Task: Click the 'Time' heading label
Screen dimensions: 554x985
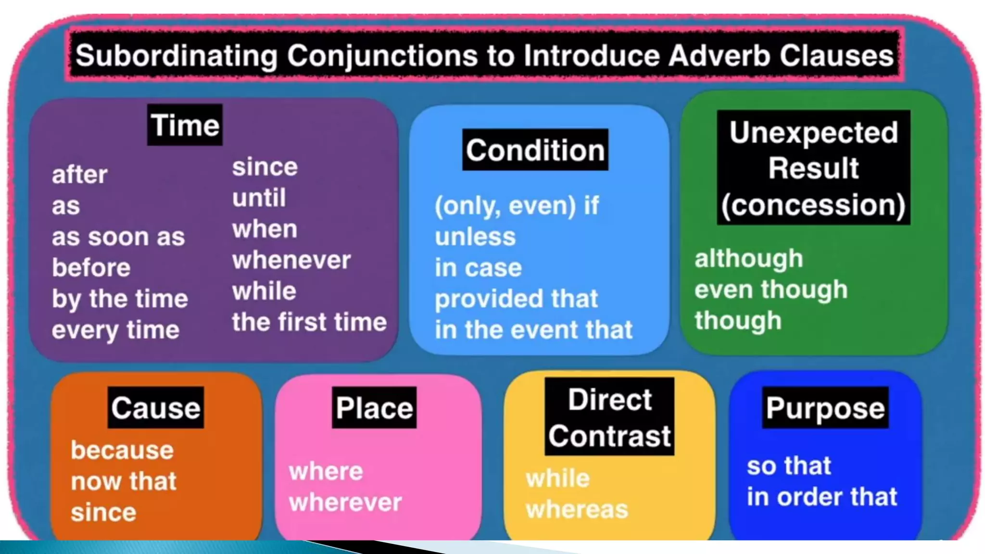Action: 185,125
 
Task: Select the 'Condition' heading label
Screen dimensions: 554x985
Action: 535,150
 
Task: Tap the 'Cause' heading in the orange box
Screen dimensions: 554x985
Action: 155,408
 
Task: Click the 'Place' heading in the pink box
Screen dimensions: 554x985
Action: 374,408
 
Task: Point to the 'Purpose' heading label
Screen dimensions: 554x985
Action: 825,408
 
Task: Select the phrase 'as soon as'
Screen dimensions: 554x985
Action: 118,237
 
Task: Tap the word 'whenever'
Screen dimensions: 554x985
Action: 291,260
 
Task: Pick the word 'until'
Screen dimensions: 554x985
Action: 259,198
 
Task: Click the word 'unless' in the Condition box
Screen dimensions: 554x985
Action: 475,237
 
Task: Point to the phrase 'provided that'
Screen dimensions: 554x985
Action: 516,299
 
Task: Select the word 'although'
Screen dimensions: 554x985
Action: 748,259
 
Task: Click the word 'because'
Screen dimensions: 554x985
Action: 122,450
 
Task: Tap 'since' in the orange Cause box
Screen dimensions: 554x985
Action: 103,512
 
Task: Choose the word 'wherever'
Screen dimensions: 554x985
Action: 345,503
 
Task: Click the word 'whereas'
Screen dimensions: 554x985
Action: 577,509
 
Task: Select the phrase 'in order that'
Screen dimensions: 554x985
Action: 822,497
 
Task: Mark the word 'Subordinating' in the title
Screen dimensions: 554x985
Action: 177,55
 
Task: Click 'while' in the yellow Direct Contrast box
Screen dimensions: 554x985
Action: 557,478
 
